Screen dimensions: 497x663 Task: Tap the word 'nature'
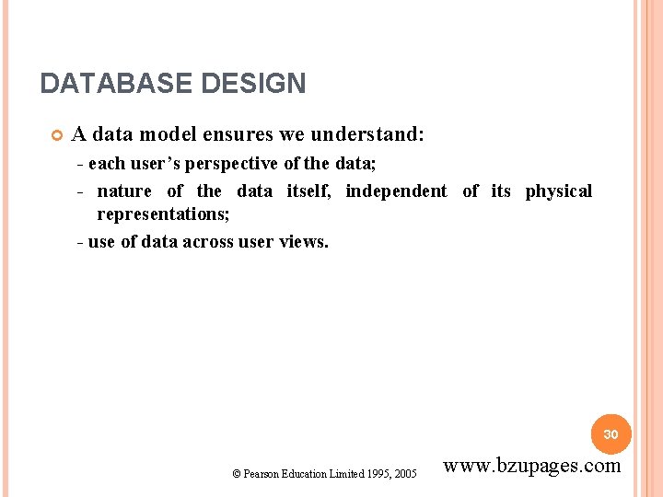124,191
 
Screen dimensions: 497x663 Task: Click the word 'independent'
396,191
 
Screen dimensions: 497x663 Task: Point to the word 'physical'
559,191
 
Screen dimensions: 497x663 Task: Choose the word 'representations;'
163,214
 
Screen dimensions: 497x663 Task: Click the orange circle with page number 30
611,433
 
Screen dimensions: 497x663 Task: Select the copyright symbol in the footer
237,474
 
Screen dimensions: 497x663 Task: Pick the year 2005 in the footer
404,474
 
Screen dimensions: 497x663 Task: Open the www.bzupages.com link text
532,466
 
